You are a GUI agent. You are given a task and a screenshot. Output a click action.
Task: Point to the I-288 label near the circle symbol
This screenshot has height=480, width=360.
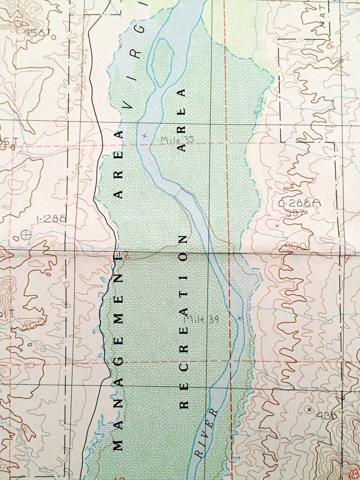click(51, 218)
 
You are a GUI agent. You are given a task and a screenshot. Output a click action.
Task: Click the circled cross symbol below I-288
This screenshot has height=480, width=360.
click(26, 235)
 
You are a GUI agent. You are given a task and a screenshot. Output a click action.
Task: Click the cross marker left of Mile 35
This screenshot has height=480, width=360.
click(145, 135)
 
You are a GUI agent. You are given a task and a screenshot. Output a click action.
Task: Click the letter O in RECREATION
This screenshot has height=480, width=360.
click(183, 257)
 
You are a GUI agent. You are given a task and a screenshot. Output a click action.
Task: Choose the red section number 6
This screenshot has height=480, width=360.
click(330, 45)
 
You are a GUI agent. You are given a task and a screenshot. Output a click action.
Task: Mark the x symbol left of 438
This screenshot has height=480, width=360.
click(310, 409)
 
